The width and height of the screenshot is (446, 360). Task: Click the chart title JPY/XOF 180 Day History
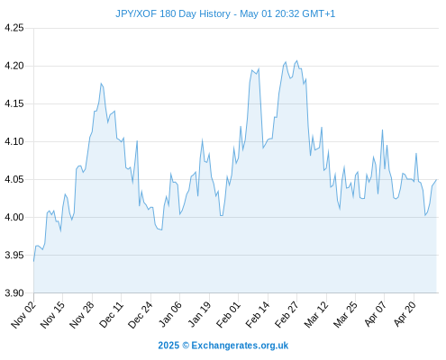173,13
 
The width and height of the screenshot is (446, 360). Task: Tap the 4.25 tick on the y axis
14,28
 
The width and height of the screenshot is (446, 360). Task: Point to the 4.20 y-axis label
14,66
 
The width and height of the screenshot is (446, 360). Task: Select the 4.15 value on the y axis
14,103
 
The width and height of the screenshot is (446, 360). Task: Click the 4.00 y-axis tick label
14,217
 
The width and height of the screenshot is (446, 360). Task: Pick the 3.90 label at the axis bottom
14,292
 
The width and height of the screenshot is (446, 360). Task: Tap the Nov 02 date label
23,315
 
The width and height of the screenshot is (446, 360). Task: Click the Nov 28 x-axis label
82,315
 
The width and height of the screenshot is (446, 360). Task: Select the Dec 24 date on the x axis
141,315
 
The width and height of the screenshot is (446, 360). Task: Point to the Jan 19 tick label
199,314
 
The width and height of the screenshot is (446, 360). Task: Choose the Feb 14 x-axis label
258,315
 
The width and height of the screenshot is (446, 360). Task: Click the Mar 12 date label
316,315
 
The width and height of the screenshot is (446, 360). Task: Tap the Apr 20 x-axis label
405,314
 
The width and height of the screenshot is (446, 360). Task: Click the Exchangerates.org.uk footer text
240,346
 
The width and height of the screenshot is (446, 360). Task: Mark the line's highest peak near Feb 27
296,60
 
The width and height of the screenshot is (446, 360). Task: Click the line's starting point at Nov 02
33,262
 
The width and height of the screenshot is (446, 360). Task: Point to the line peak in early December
101,84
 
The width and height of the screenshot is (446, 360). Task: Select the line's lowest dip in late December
162,229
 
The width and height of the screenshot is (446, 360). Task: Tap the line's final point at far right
436,180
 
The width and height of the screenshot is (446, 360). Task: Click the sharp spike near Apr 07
382,130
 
